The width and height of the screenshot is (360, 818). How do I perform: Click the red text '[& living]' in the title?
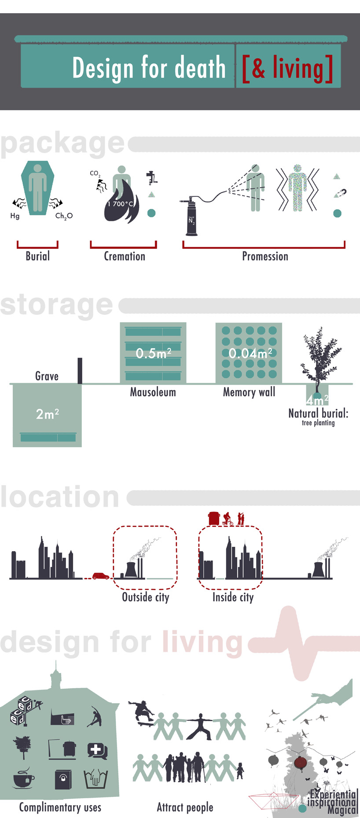pos(287,68)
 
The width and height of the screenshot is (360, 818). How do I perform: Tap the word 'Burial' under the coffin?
pos(37,256)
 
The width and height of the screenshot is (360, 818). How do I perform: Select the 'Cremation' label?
pos(125,256)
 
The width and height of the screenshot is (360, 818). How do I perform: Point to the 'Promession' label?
pos(265,256)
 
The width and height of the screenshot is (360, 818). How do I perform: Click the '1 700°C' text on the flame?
pos(120,204)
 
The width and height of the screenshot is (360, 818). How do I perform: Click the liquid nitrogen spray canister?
pos(191,217)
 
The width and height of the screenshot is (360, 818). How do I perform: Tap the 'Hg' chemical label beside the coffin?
pos(15,216)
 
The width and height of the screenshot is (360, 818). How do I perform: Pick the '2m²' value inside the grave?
pos(47,414)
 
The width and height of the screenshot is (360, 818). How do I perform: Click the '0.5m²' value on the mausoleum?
pos(153,353)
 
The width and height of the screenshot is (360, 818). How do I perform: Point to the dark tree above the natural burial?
pos(321,357)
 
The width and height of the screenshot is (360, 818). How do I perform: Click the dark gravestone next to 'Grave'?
pos(80,371)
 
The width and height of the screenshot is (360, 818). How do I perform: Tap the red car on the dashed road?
pos(101,575)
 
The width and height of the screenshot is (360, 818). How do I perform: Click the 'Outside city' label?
pos(145,597)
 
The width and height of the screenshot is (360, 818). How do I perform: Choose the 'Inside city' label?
pos(233,597)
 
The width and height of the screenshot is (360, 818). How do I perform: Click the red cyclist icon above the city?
pos(228,519)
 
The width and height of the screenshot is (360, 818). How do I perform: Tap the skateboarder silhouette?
pos(142,712)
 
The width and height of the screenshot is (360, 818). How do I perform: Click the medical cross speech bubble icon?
pos(96,750)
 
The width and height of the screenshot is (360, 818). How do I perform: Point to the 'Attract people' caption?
pos(185,807)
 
